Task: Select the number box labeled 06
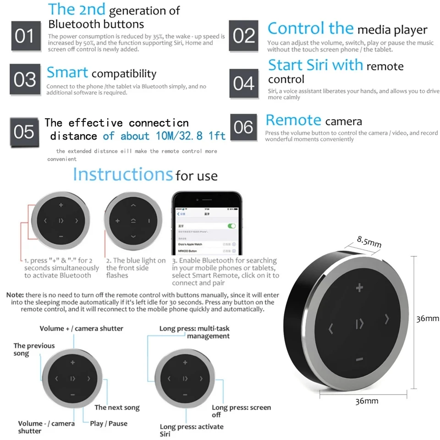pyautogui.click(x=244, y=127)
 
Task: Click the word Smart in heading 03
pyautogui.click(x=67, y=73)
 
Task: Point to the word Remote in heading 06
pyautogui.click(x=293, y=121)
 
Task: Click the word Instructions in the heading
pyautogui.click(x=122, y=175)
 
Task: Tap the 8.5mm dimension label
pyautogui.click(x=369, y=241)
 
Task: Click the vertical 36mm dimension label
pyautogui.click(x=427, y=319)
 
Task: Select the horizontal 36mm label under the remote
pyautogui.click(x=367, y=401)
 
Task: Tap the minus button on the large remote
pyautogui.click(x=359, y=359)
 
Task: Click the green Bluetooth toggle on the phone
pyautogui.click(x=231, y=226)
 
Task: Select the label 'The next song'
pyautogui.click(x=117, y=407)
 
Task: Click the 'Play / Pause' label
pyautogui.click(x=109, y=423)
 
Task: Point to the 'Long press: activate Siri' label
pyautogui.click(x=192, y=430)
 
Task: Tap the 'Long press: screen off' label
pyautogui.click(x=241, y=411)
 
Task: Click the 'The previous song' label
pyautogui.click(x=34, y=349)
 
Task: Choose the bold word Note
pyautogui.click(x=15, y=295)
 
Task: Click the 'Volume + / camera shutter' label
pyautogui.click(x=81, y=329)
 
